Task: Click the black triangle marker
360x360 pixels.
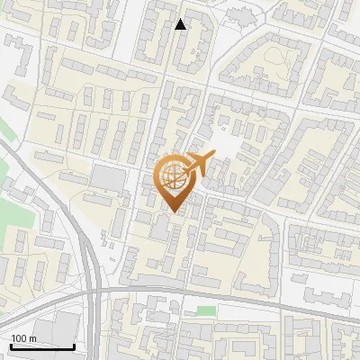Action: pyautogui.click(x=181, y=24)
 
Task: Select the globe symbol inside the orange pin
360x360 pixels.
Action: pyautogui.click(x=173, y=177)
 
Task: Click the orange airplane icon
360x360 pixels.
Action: pyautogui.click(x=197, y=165)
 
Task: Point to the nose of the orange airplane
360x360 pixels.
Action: pyautogui.click(x=212, y=156)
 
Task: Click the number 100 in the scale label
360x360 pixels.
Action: pyautogui.click(x=19, y=338)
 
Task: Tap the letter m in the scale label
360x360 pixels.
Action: pyautogui.click(x=32, y=338)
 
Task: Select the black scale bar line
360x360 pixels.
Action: pyautogui.click(x=42, y=346)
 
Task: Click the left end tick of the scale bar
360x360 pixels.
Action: pyautogui.click(x=11, y=345)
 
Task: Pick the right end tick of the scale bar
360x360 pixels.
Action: pyautogui.click(x=74, y=345)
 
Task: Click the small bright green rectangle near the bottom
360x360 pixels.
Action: pyautogui.click(x=206, y=311)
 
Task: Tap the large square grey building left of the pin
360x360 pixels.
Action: pyautogui.click(x=110, y=177)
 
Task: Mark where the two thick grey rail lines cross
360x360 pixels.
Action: pyautogui.click(x=93, y=293)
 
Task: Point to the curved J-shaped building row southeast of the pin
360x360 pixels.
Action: pyautogui.click(x=261, y=252)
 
